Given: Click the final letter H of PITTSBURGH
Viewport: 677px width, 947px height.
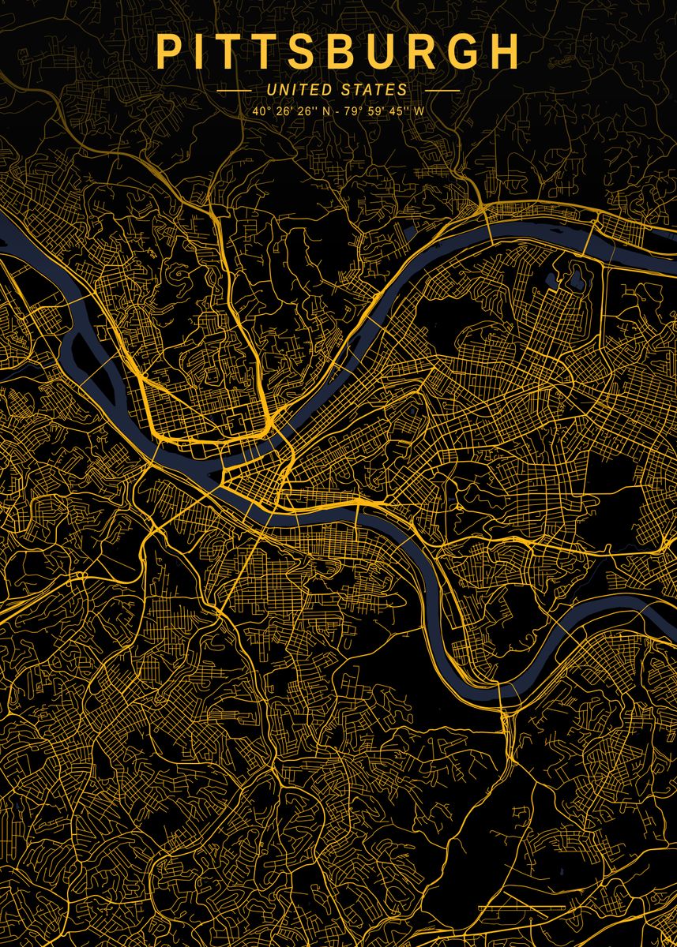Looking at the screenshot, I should (506, 52).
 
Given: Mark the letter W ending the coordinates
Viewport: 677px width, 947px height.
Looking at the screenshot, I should (419, 111).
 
